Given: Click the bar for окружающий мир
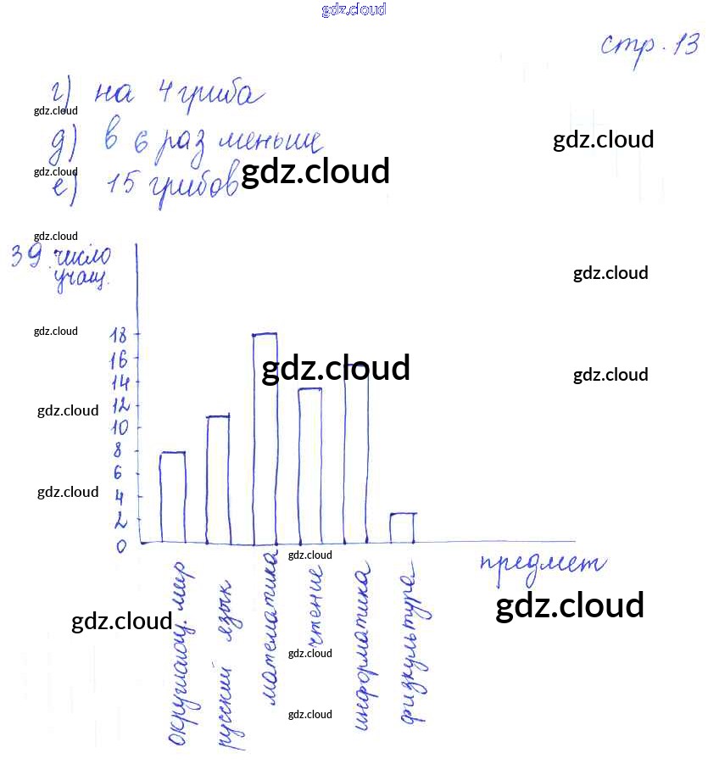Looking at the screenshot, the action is coord(173,498).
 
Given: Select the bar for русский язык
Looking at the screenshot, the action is coord(219,479).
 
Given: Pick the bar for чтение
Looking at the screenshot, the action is coord(309,466).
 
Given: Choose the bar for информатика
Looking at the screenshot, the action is coord(356,454).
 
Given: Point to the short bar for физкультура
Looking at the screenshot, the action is coord(402,527).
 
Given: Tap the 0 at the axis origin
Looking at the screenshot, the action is coord(121,546).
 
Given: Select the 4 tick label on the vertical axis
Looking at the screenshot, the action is coord(120,497).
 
